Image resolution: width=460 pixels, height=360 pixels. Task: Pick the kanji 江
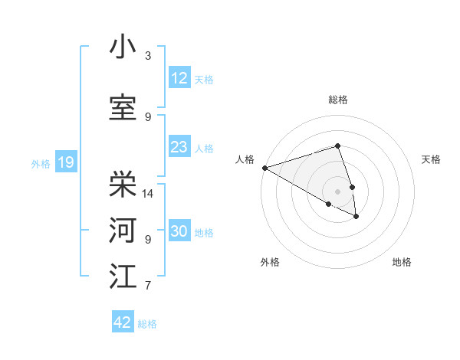123,277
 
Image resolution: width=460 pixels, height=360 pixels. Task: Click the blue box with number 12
179,78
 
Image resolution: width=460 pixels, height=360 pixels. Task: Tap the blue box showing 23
179,147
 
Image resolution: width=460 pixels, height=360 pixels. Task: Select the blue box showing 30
179,231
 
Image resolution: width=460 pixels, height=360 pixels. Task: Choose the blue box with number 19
65,162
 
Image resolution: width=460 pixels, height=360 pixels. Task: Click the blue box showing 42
123,322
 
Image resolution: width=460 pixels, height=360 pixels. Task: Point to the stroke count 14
149,194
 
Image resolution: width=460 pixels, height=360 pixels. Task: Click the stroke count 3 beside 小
148,56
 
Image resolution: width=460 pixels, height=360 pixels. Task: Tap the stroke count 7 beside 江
148,286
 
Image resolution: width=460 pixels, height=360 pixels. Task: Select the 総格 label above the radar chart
337,100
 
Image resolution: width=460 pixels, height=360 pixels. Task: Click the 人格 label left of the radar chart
245,159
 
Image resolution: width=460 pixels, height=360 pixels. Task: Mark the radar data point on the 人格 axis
264,168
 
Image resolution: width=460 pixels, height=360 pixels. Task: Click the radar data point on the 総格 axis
337,146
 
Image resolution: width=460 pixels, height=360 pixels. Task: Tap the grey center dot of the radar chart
337,191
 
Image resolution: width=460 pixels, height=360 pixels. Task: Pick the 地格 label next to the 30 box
204,232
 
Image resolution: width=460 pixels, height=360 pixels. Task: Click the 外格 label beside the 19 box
40,163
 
